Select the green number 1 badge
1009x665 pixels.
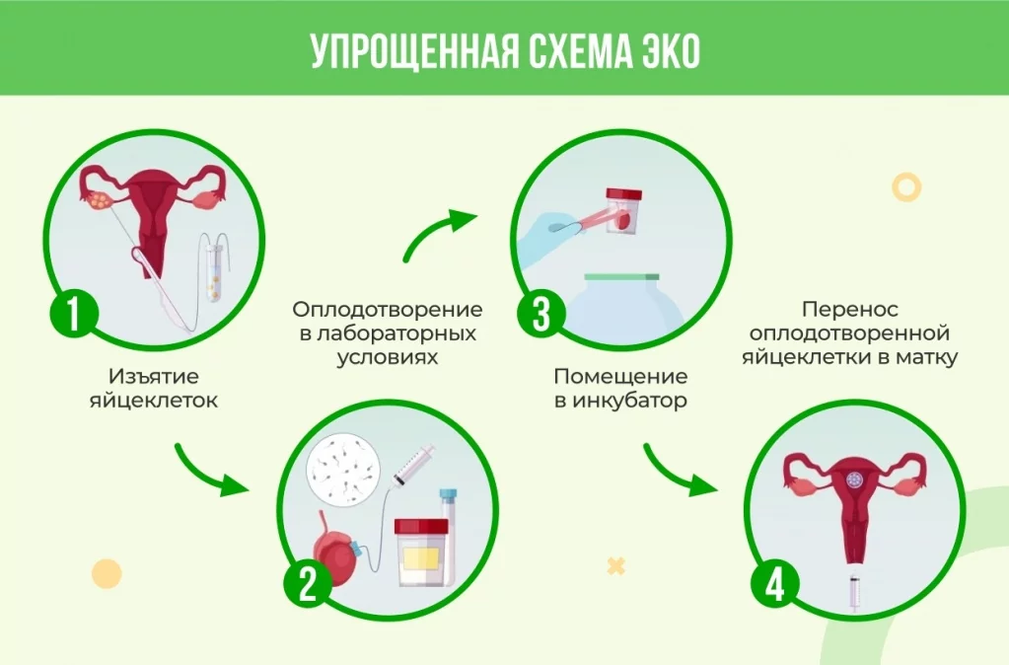pos(74,315)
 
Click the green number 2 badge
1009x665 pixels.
pos(309,584)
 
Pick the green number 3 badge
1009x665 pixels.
pos(541,315)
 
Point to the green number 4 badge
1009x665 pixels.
pos(775,584)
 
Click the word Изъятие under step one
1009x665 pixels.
pos(154,376)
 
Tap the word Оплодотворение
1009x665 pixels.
pos(388,310)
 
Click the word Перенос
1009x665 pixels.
pos(850,310)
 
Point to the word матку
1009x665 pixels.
pos(927,356)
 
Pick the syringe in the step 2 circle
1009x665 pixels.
pos(413,465)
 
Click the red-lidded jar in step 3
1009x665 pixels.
pos(623,210)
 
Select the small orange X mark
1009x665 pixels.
pos(615,566)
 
